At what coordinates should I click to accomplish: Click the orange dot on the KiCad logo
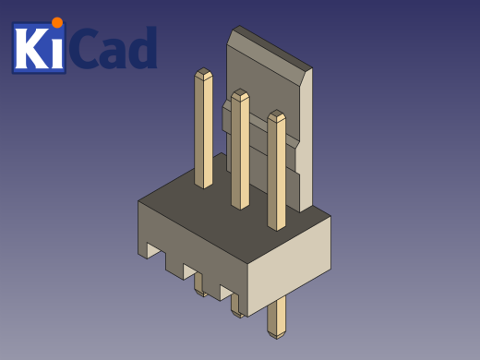pos(57,22)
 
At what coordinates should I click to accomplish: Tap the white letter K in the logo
pos(30,50)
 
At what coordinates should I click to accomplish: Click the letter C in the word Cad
pos(87,51)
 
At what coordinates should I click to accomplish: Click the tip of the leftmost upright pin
pos(203,73)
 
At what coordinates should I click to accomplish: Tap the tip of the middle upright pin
pos(240,94)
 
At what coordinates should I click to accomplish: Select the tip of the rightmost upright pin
pos(276,115)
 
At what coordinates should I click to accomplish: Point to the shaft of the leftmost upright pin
pos(203,129)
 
